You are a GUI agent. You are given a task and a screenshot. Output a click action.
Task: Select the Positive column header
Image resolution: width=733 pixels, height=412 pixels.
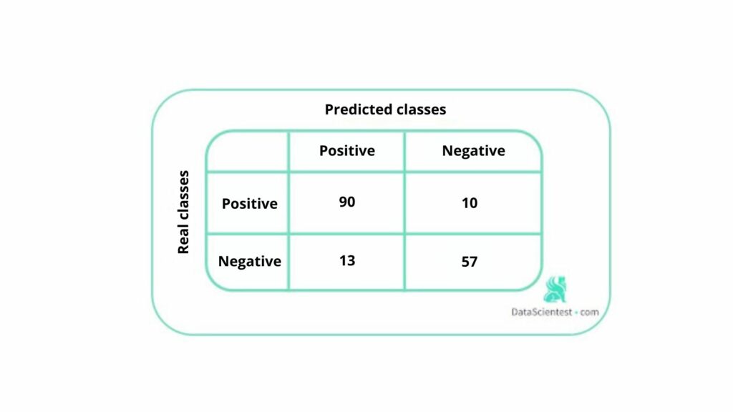tap(347, 151)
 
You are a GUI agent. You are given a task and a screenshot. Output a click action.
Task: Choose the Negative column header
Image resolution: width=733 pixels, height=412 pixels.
tap(473, 151)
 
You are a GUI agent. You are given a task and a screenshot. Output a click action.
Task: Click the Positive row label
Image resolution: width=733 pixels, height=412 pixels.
tap(249, 204)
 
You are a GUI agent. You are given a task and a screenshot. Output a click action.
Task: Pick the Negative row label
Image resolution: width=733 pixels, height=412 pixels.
tap(249, 262)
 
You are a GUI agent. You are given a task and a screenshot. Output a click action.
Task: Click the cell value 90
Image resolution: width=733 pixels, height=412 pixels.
tap(347, 202)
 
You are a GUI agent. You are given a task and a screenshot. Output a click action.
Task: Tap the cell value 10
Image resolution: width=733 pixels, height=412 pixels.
tap(470, 203)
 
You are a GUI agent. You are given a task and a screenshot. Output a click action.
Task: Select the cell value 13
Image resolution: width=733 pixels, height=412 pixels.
tap(347, 261)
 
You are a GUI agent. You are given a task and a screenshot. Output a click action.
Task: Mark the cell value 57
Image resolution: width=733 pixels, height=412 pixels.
tap(470, 262)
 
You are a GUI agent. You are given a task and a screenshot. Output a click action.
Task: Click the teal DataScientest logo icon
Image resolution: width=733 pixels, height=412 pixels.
tap(554, 289)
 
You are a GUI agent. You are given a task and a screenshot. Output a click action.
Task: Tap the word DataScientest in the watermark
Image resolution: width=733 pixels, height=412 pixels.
tap(541, 313)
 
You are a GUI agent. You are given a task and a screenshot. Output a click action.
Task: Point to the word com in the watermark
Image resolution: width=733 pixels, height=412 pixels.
tap(590, 313)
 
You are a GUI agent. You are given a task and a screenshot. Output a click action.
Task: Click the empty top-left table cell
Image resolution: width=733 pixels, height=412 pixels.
tap(248, 152)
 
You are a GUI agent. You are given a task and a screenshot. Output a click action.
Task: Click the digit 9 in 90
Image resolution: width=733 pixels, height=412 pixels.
tap(343, 202)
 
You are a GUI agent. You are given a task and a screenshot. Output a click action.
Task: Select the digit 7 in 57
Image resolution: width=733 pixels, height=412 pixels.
tap(474, 262)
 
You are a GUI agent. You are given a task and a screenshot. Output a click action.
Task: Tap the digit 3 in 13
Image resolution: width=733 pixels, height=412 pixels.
tap(351, 261)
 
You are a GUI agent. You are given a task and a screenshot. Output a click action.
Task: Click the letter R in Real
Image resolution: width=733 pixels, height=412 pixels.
tap(183, 248)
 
